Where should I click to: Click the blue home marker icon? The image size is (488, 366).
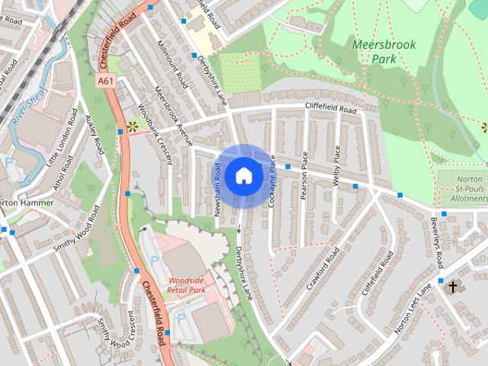pyautogui.click(x=243, y=175)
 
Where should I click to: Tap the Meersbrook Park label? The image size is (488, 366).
pyautogui.click(x=384, y=51)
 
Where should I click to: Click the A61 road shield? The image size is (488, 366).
pyautogui.click(x=106, y=79)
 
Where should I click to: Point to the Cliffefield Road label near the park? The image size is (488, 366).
pyautogui.click(x=330, y=110)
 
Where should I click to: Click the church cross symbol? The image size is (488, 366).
pyautogui.click(x=454, y=287)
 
